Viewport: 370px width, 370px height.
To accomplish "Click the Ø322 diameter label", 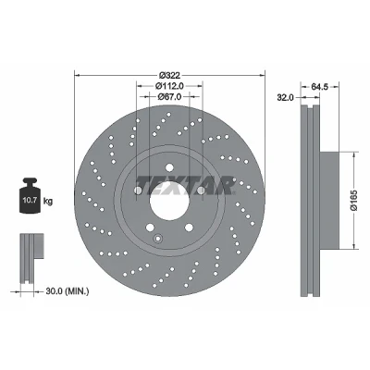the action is [169, 75].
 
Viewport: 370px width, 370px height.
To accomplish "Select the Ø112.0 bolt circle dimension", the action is [169, 86].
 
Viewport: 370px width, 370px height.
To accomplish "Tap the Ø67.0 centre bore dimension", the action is [169, 97].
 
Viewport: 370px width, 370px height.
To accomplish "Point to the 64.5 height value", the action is [319, 87].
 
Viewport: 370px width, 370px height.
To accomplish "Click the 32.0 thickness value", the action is [285, 98].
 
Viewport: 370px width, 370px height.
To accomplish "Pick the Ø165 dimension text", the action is [354, 200].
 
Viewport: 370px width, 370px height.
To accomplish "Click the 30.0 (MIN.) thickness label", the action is [68, 290].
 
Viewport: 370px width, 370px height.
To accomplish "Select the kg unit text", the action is [48, 202].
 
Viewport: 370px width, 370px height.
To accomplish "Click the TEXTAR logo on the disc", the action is [186, 185].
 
